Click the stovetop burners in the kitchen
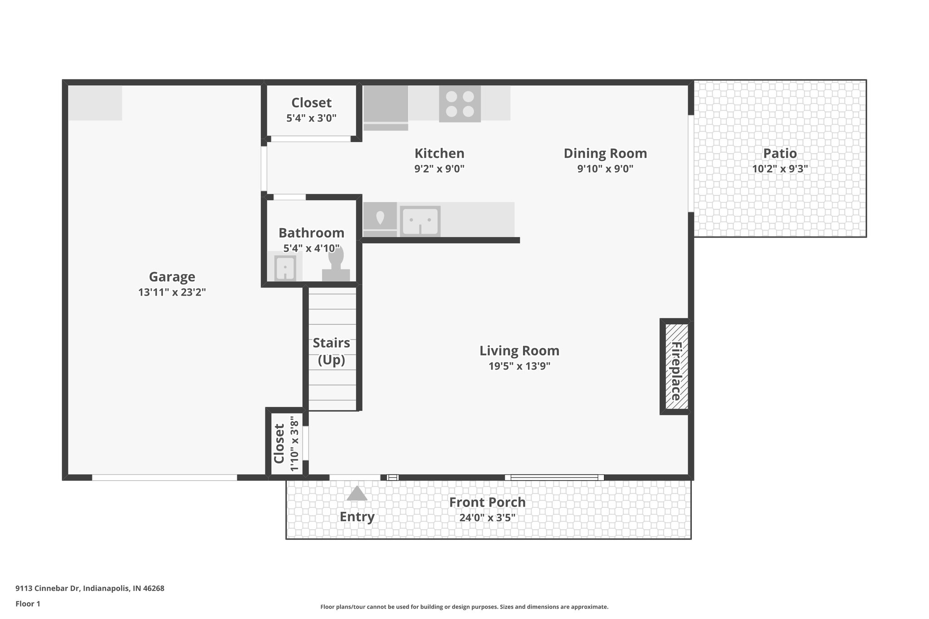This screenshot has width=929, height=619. click(460, 104)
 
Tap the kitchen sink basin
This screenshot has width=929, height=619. click(420, 221)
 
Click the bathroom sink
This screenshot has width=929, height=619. click(285, 268)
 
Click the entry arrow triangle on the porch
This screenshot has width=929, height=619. click(357, 493)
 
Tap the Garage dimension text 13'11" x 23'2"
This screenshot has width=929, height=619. click(172, 292)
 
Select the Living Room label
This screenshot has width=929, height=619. click(519, 351)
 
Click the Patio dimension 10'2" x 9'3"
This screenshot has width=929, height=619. click(780, 169)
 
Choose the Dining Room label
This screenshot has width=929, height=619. click(605, 153)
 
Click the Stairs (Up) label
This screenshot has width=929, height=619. click(332, 351)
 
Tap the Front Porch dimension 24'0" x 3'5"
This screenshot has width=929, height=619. click(487, 517)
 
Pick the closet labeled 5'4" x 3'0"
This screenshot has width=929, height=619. click(311, 110)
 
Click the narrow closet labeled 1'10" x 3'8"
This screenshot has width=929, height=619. click(286, 444)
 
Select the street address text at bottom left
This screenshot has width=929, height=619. click(90, 588)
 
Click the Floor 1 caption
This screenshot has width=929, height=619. click(28, 604)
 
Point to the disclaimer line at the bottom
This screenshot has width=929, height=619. click(464, 607)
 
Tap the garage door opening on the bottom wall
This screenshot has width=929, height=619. click(164, 478)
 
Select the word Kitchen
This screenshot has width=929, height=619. click(439, 153)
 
